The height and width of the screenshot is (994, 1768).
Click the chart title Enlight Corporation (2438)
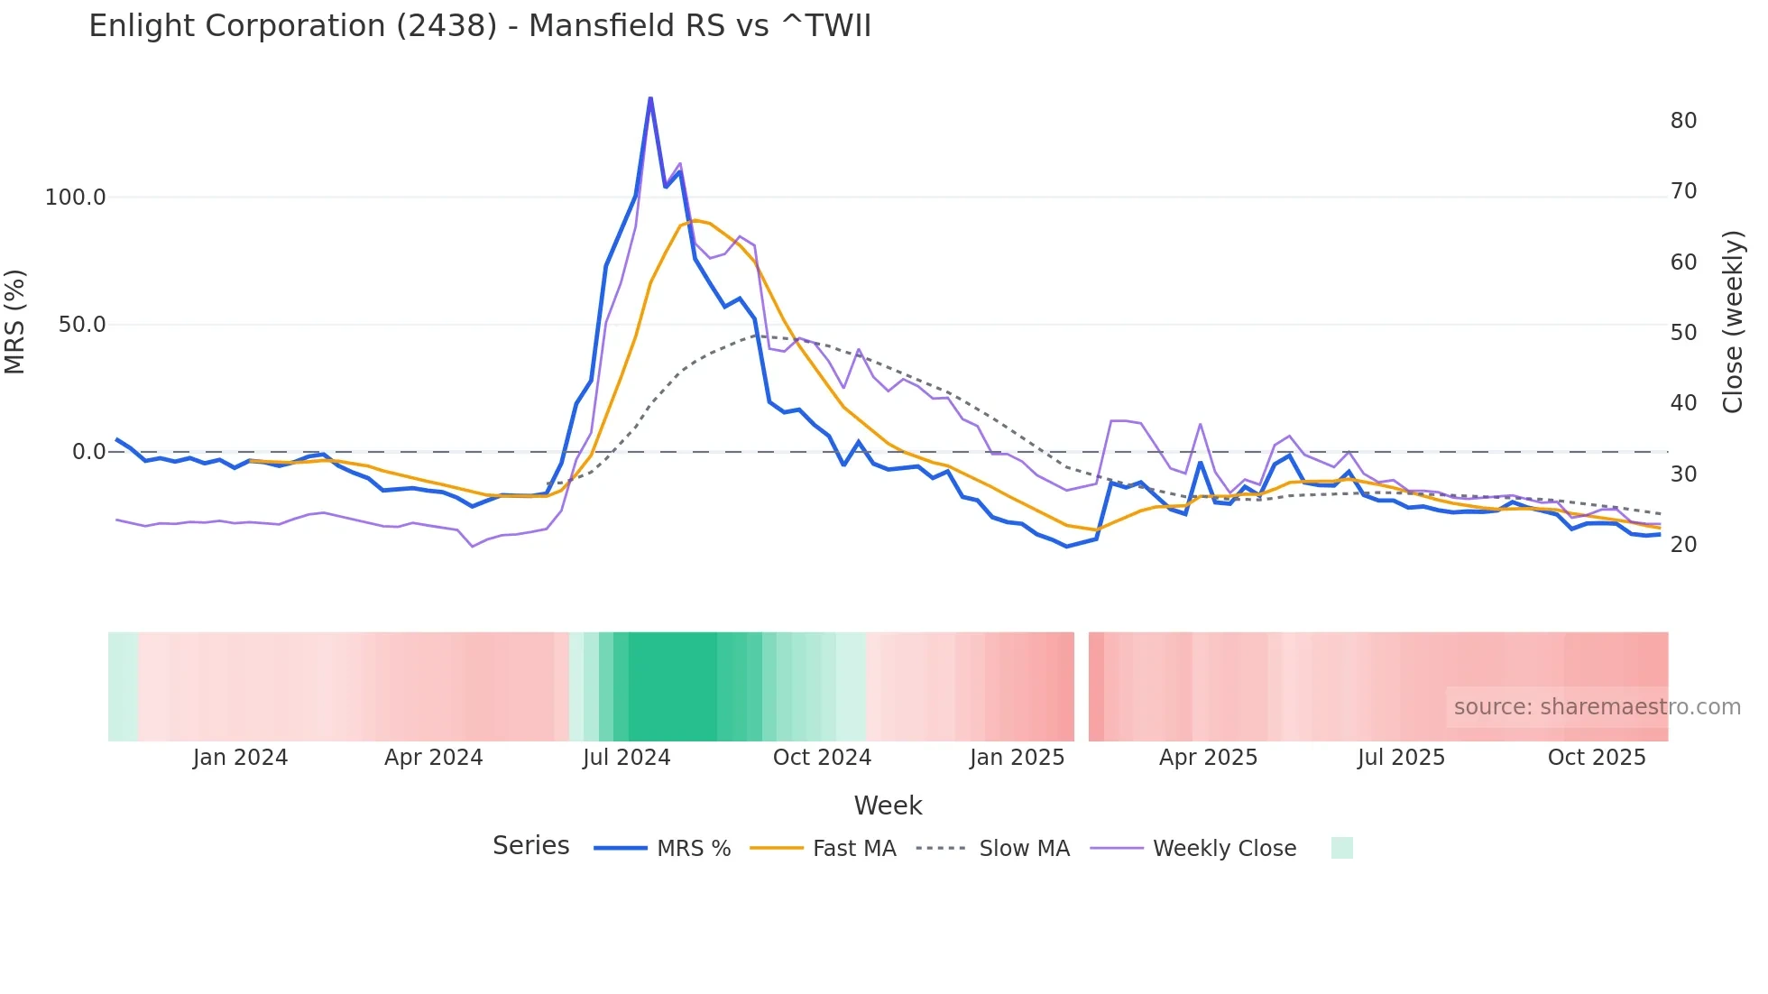pos(480,26)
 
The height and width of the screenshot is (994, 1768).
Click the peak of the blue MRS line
pos(650,98)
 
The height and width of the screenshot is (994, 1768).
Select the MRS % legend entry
pos(663,848)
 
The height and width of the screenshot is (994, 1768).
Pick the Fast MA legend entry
pos(823,848)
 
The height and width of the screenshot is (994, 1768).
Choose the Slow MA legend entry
pos(993,848)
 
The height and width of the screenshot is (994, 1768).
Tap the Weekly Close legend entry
pos(1193,848)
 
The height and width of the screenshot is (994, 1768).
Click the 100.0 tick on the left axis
pos(76,198)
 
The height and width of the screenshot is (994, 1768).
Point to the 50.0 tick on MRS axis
pos(82,325)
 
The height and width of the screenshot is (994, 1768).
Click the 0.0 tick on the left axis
pos(88,452)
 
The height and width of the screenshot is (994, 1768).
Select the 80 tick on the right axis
pos(1683,121)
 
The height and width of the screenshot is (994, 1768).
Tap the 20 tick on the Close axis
pos(1683,545)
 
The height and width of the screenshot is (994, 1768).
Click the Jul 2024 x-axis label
pos(627,758)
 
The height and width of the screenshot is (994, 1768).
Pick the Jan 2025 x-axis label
pos(1018,758)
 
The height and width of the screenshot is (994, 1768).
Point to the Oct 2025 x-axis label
pos(1597,758)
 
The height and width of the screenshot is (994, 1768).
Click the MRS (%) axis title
pos(15,322)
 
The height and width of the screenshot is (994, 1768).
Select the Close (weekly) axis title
pos(1733,322)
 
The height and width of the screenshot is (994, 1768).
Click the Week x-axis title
pos(888,805)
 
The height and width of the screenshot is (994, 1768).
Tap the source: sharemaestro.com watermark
pos(1597,707)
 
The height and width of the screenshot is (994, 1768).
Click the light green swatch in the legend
pos(1341,848)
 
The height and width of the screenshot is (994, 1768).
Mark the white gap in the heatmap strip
pos(1082,686)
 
